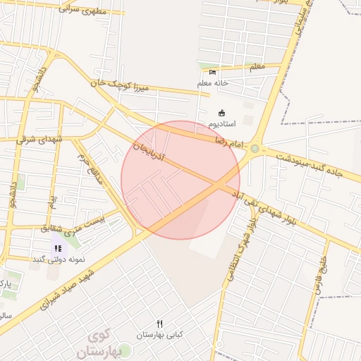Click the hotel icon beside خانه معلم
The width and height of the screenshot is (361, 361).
(213, 72)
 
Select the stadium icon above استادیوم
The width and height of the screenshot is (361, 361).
(222, 114)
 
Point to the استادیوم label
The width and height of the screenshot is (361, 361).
(222, 124)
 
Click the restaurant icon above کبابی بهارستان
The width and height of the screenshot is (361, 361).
(160, 324)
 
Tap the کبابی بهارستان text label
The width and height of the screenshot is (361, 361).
(160, 334)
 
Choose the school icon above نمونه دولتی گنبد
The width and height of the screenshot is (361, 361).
(58, 248)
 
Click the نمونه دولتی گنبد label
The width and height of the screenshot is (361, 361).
(58, 259)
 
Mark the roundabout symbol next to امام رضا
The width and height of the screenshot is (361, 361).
(255, 149)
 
